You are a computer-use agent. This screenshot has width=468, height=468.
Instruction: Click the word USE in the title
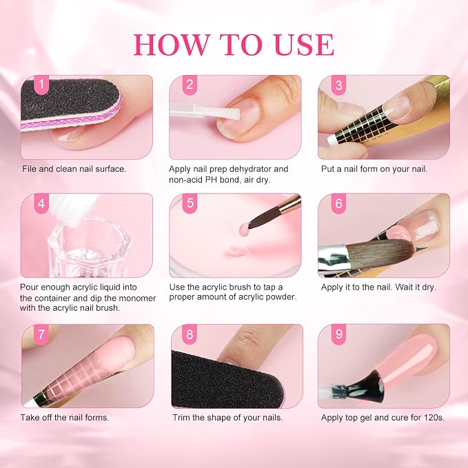(x=304, y=45)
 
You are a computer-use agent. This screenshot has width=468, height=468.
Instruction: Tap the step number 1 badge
(x=41, y=85)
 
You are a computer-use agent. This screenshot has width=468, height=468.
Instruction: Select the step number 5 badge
(x=190, y=203)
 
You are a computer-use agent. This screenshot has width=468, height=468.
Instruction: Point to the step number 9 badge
(x=338, y=334)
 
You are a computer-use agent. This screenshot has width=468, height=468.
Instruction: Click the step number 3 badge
(x=338, y=85)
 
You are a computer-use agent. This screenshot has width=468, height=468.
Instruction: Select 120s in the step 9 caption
(x=434, y=417)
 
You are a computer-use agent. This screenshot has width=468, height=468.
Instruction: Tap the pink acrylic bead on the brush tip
(x=244, y=229)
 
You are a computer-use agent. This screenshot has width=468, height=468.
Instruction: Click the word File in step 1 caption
(x=29, y=169)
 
